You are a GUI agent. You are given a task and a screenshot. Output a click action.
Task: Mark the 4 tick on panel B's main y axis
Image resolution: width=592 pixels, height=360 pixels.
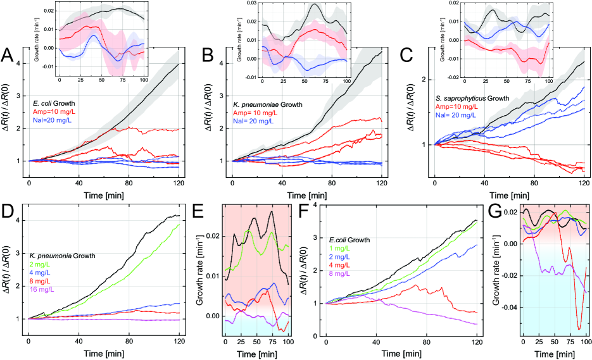tap(221, 63)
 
